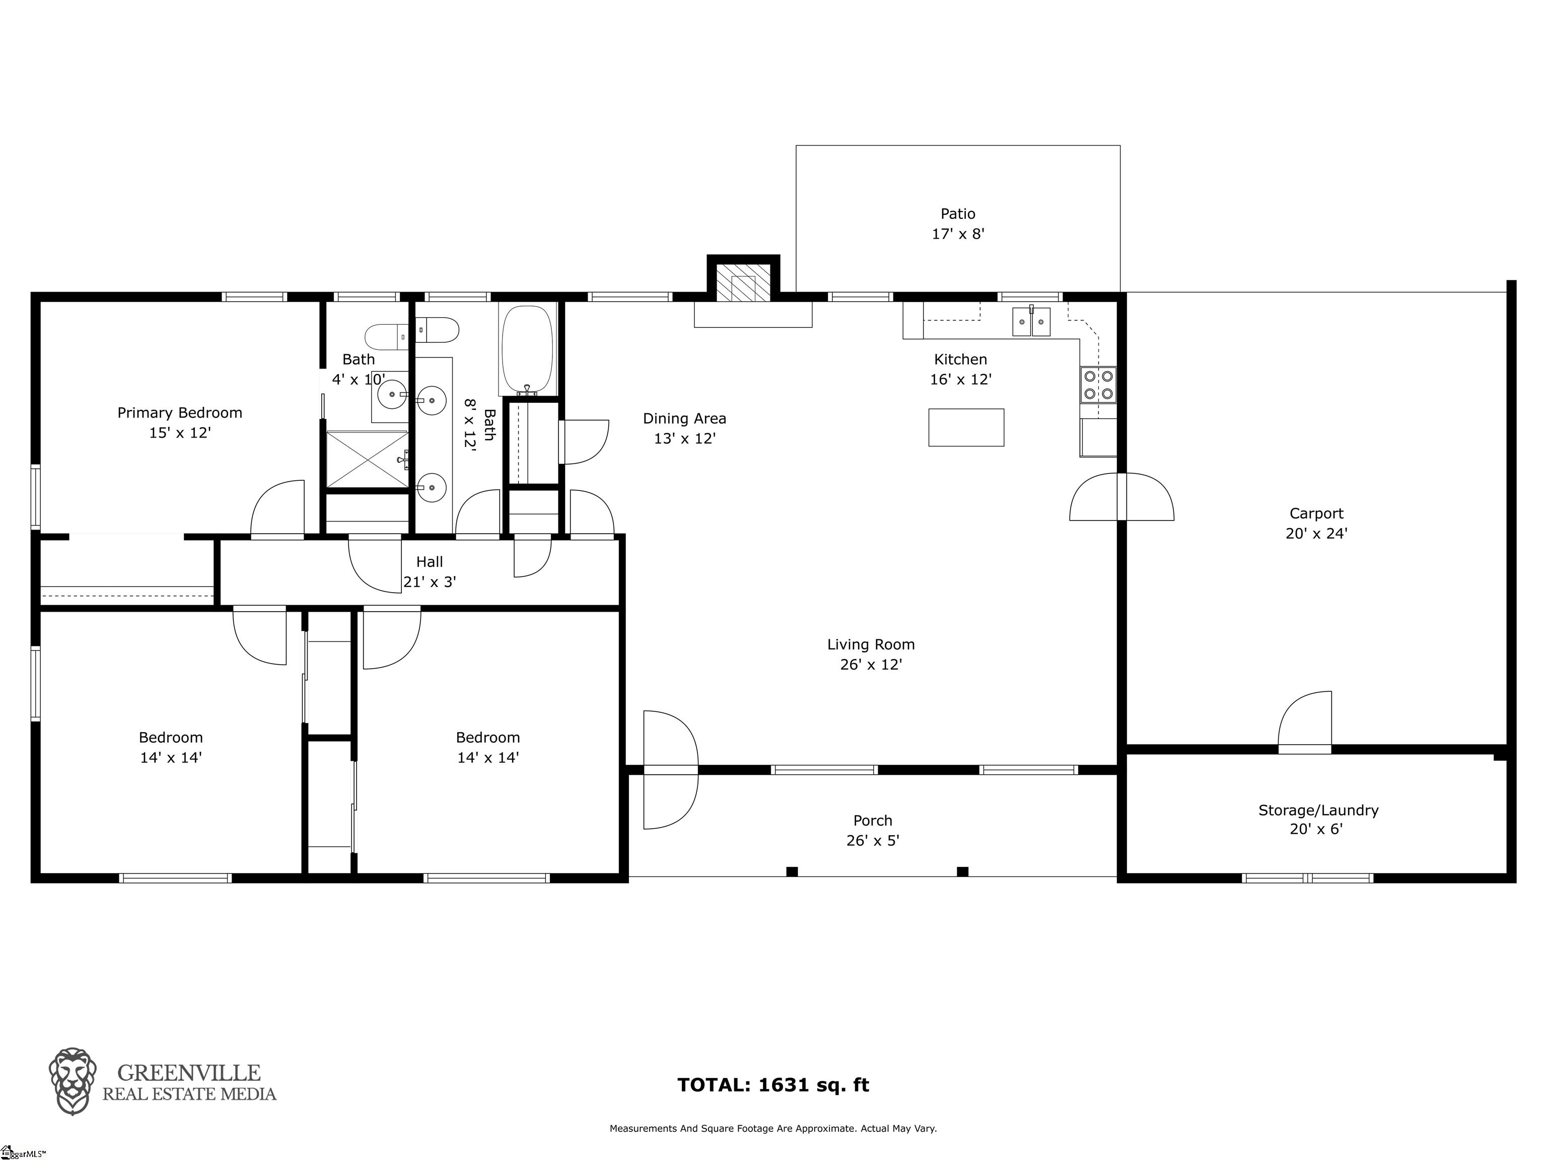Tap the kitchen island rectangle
pyautogui.click(x=966, y=427)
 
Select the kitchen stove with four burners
pyautogui.click(x=1098, y=385)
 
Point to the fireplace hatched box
pyautogui.click(x=743, y=282)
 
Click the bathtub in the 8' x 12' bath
pyautogui.click(x=527, y=349)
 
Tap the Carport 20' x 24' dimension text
pyautogui.click(x=1316, y=534)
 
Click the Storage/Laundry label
pyautogui.click(x=1318, y=811)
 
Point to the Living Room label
pyautogui.click(x=871, y=644)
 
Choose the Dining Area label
pyautogui.click(x=685, y=419)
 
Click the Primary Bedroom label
pyautogui.click(x=180, y=413)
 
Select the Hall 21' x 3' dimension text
pyautogui.click(x=430, y=582)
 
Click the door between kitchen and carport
pyautogui.click(x=1122, y=496)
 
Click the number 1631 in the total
pyautogui.click(x=783, y=1085)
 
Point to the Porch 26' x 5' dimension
pyautogui.click(x=873, y=840)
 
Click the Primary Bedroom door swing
pyautogui.click(x=277, y=509)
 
